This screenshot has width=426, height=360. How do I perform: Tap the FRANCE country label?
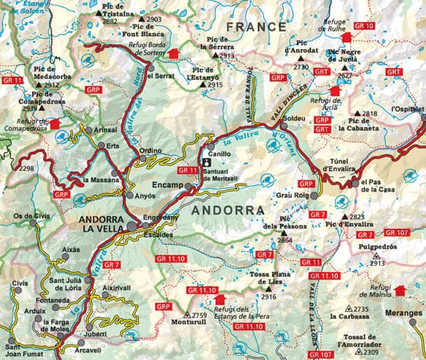tap(255, 27)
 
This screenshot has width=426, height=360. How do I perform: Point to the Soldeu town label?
tap(305, 118)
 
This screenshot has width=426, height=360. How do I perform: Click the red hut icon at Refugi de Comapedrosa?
tap(55, 124)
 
